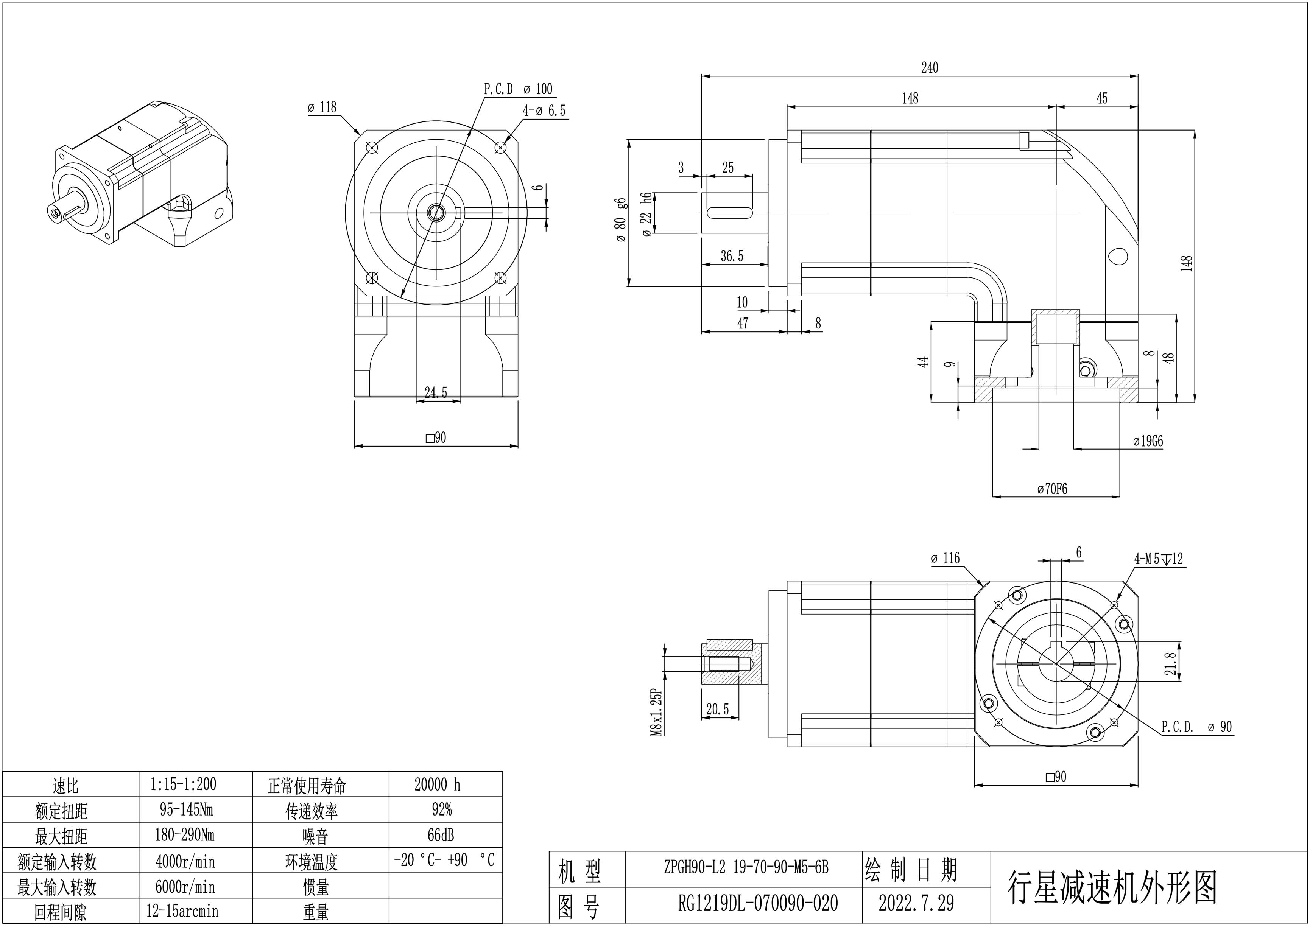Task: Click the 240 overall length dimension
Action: click(930, 68)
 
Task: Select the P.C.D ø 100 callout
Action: click(518, 89)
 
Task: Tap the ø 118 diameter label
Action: click(322, 107)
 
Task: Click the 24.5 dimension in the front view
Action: click(436, 392)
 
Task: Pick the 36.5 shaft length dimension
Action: click(732, 256)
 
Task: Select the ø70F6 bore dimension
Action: click(1052, 489)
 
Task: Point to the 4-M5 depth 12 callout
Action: click(1158, 559)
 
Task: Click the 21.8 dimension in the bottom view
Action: click(1170, 663)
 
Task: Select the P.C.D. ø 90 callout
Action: click(1196, 727)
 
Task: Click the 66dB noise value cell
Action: click(441, 835)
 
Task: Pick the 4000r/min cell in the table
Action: click(185, 861)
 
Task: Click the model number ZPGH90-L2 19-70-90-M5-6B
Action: click(746, 867)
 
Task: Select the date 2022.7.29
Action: click(916, 903)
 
